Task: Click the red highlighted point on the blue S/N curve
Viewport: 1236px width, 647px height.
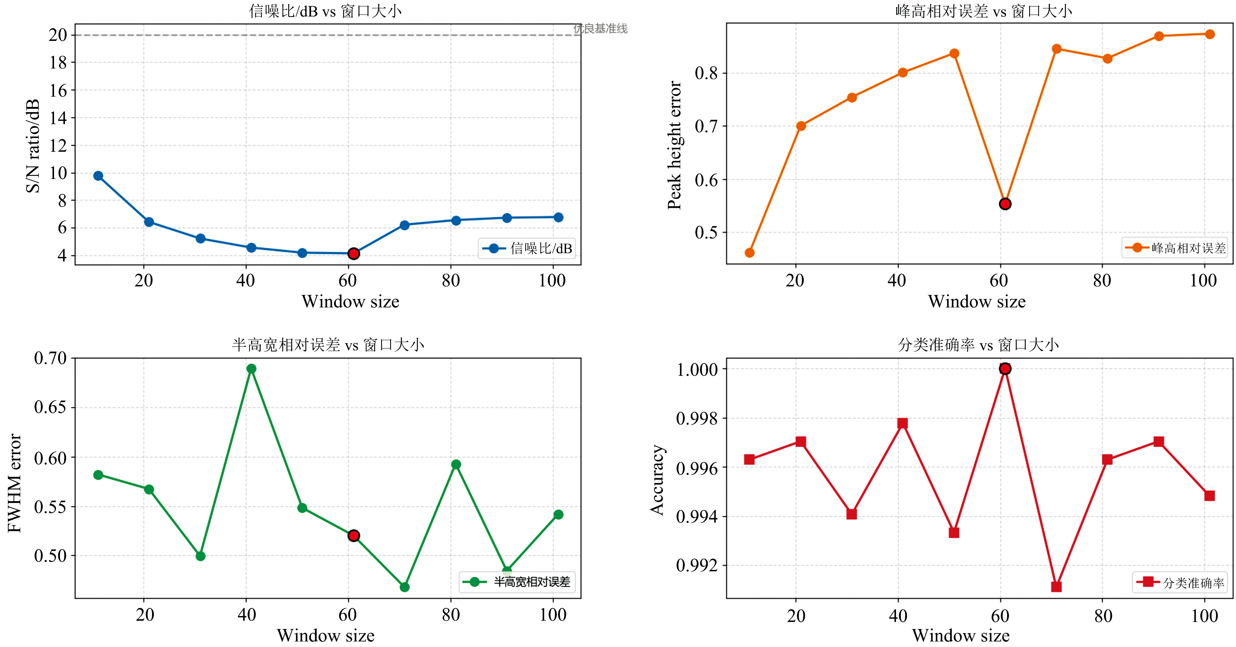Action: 353,253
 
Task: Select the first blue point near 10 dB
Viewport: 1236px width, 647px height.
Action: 98,176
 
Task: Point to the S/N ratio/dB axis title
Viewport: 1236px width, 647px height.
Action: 33,146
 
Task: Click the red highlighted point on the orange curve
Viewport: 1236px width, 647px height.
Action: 1005,204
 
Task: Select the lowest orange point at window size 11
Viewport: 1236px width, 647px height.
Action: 749,253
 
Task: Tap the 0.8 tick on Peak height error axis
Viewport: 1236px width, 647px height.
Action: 706,74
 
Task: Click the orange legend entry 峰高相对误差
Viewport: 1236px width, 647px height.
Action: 1174,248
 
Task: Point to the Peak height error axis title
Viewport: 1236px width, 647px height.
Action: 675,145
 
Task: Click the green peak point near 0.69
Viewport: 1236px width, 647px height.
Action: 251,368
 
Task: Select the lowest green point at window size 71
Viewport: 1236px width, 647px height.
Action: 404,587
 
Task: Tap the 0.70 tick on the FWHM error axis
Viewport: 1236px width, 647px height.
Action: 50,358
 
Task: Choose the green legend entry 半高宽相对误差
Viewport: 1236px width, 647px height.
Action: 517,582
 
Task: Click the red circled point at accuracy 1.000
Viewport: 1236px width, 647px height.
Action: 1005,368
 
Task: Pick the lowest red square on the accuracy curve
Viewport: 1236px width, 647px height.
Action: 1056,587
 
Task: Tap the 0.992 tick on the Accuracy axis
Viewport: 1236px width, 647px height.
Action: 697,566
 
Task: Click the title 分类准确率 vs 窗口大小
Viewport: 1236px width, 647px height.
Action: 978,345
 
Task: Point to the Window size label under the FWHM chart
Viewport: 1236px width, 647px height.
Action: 326,635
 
